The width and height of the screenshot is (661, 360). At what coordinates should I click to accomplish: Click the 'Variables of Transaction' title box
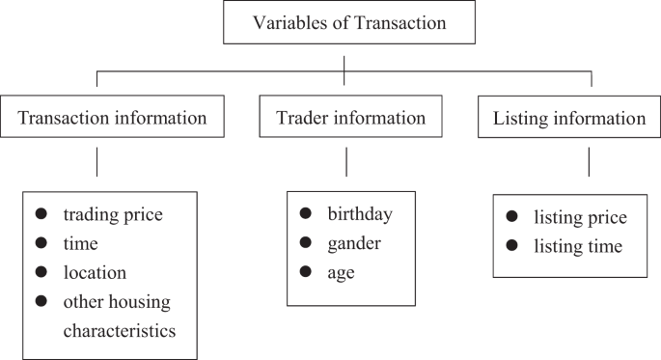344,23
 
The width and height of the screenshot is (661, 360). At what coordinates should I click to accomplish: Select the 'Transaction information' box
113,119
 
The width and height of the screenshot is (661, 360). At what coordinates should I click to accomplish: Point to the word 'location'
95,273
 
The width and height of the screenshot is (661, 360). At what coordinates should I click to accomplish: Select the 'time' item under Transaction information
80,244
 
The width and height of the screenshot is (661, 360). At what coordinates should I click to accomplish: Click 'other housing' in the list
117,302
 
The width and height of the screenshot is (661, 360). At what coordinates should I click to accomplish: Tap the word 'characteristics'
119,331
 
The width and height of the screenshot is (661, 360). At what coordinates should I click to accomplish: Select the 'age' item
341,273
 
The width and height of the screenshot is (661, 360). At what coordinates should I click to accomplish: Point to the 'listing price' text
580,217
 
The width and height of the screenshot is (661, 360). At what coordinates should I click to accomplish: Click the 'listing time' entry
578,247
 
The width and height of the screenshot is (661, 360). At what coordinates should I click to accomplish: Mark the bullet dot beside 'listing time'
512,246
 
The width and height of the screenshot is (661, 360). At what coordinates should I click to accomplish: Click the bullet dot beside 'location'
41,272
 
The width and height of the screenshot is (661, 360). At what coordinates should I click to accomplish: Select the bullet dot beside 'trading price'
41,214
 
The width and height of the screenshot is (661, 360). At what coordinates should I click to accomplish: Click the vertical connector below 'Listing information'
589,160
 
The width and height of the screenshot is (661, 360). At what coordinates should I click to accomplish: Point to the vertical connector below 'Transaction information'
96,160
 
